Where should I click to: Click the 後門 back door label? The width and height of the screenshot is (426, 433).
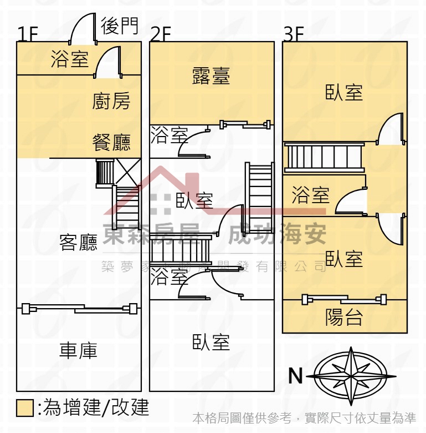click(x=119, y=25)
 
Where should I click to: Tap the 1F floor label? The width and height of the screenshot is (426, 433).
click(x=27, y=34)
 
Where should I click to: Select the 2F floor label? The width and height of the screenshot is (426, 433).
click(x=160, y=34)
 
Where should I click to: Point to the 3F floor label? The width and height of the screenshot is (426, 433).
click(x=293, y=34)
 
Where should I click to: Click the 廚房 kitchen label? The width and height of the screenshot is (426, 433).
click(x=111, y=101)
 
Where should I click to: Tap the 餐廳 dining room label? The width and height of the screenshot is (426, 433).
click(x=111, y=143)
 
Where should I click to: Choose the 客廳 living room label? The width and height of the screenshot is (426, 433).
click(x=78, y=242)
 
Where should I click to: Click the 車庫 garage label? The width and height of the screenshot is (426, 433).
click(x=78, y=350)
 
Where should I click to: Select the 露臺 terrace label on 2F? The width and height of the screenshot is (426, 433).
click(x=211, y=76)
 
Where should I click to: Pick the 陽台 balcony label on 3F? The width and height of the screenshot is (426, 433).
click(x=344, y=318)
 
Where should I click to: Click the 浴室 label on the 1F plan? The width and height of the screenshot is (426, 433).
click(x=69, y=59)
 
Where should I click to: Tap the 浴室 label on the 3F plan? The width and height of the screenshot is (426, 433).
click(x=310, y=195)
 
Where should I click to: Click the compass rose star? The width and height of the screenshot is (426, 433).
click(x=350, y=376)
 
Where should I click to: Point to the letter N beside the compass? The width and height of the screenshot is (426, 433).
click(x=296, y=376)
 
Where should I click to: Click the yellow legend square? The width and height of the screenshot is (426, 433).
click(x=25, y=408)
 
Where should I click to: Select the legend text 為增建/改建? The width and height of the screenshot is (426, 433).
click(x=94, y=408)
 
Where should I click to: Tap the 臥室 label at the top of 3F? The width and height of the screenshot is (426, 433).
click(x=344, y=92)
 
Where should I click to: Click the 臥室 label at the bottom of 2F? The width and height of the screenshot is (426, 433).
click(x=211, y=342)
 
